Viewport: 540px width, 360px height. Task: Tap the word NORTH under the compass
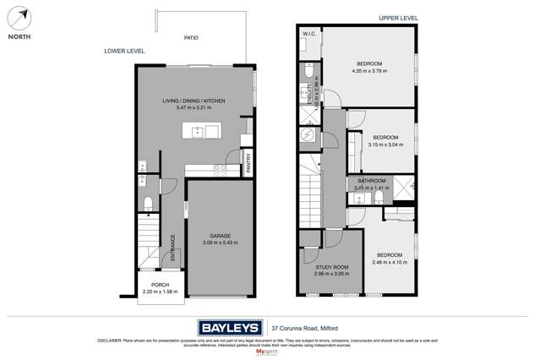[20, 36]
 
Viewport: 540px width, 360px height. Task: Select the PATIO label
[191, 38]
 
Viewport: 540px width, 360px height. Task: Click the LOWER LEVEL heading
[124, 52]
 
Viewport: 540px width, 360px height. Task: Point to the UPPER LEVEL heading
[398, 19]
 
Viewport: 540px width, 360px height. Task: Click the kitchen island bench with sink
[202, 131]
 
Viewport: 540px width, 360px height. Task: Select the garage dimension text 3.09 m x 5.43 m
[220, 243]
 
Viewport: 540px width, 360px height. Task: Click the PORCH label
[161, 285]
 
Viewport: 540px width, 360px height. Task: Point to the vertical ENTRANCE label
[172, 247]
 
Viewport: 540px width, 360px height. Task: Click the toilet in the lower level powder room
[147, 203]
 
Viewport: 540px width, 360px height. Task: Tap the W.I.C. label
[308, 35]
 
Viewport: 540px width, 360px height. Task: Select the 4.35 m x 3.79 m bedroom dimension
[368, 71]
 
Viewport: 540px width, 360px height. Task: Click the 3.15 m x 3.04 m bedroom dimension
[385, 145]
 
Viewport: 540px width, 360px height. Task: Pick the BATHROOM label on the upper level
[371, 181]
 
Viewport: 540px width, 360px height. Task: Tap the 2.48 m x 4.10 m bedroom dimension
[390, 262]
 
